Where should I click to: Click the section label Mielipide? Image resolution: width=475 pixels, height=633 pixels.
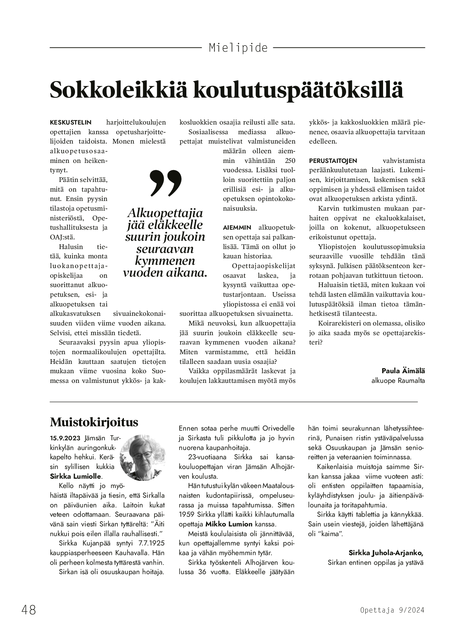(x=238, y=48)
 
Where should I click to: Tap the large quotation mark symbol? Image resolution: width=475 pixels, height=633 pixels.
(x=166, y=183)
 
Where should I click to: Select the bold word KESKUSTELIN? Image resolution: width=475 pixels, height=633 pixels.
(x=71, y=122)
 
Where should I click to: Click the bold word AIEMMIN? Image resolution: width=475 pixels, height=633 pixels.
(x=237, y=228)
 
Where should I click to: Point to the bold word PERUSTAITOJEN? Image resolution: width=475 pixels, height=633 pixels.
(x=333, y=161)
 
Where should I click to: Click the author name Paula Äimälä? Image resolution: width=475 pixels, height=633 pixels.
(x=403, y=371)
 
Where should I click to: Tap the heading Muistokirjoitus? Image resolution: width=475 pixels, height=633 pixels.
(x=94, y=422)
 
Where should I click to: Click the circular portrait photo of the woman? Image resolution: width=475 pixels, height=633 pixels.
(x=143, y=458)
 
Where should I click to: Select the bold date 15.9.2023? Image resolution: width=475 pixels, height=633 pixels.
(x=66, y=438)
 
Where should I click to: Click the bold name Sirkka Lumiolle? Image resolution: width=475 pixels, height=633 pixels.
(x=76, y=477)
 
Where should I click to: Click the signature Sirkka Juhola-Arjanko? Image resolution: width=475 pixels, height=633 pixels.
(x=386, y=552)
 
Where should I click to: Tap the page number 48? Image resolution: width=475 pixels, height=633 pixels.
(x=29, y=610)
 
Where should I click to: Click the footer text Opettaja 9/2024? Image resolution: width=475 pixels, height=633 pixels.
(x=392, y=610)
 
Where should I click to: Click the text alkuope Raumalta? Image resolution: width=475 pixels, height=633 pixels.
(x=398, y=380)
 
